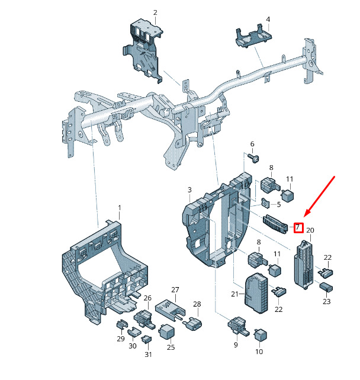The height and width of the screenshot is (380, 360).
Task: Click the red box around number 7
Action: (298, 227)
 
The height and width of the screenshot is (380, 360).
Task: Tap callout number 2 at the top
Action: (155, 12)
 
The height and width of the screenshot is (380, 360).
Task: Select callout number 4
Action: (268, 19)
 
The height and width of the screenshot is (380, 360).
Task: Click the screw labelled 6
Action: (254, 158)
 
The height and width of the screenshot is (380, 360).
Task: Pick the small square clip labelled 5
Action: (265, 203)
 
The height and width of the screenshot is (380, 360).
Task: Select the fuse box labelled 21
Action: (256, 292)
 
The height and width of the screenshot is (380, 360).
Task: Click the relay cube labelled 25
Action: (166, 331)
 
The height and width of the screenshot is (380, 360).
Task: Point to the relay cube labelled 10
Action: (260, 334)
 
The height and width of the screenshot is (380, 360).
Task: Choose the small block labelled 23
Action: (326, 287)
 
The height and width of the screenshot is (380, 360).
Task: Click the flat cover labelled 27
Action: (170, 310)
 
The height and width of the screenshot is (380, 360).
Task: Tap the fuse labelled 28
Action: (193, 324)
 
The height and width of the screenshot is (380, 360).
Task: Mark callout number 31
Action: (148, 355)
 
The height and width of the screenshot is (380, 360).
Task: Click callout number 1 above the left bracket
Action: (119, 208)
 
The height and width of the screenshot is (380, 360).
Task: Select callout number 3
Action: (189, 190)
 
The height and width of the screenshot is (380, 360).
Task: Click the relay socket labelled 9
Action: (238, 326)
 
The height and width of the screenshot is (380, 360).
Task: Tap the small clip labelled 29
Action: (122, 324)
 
